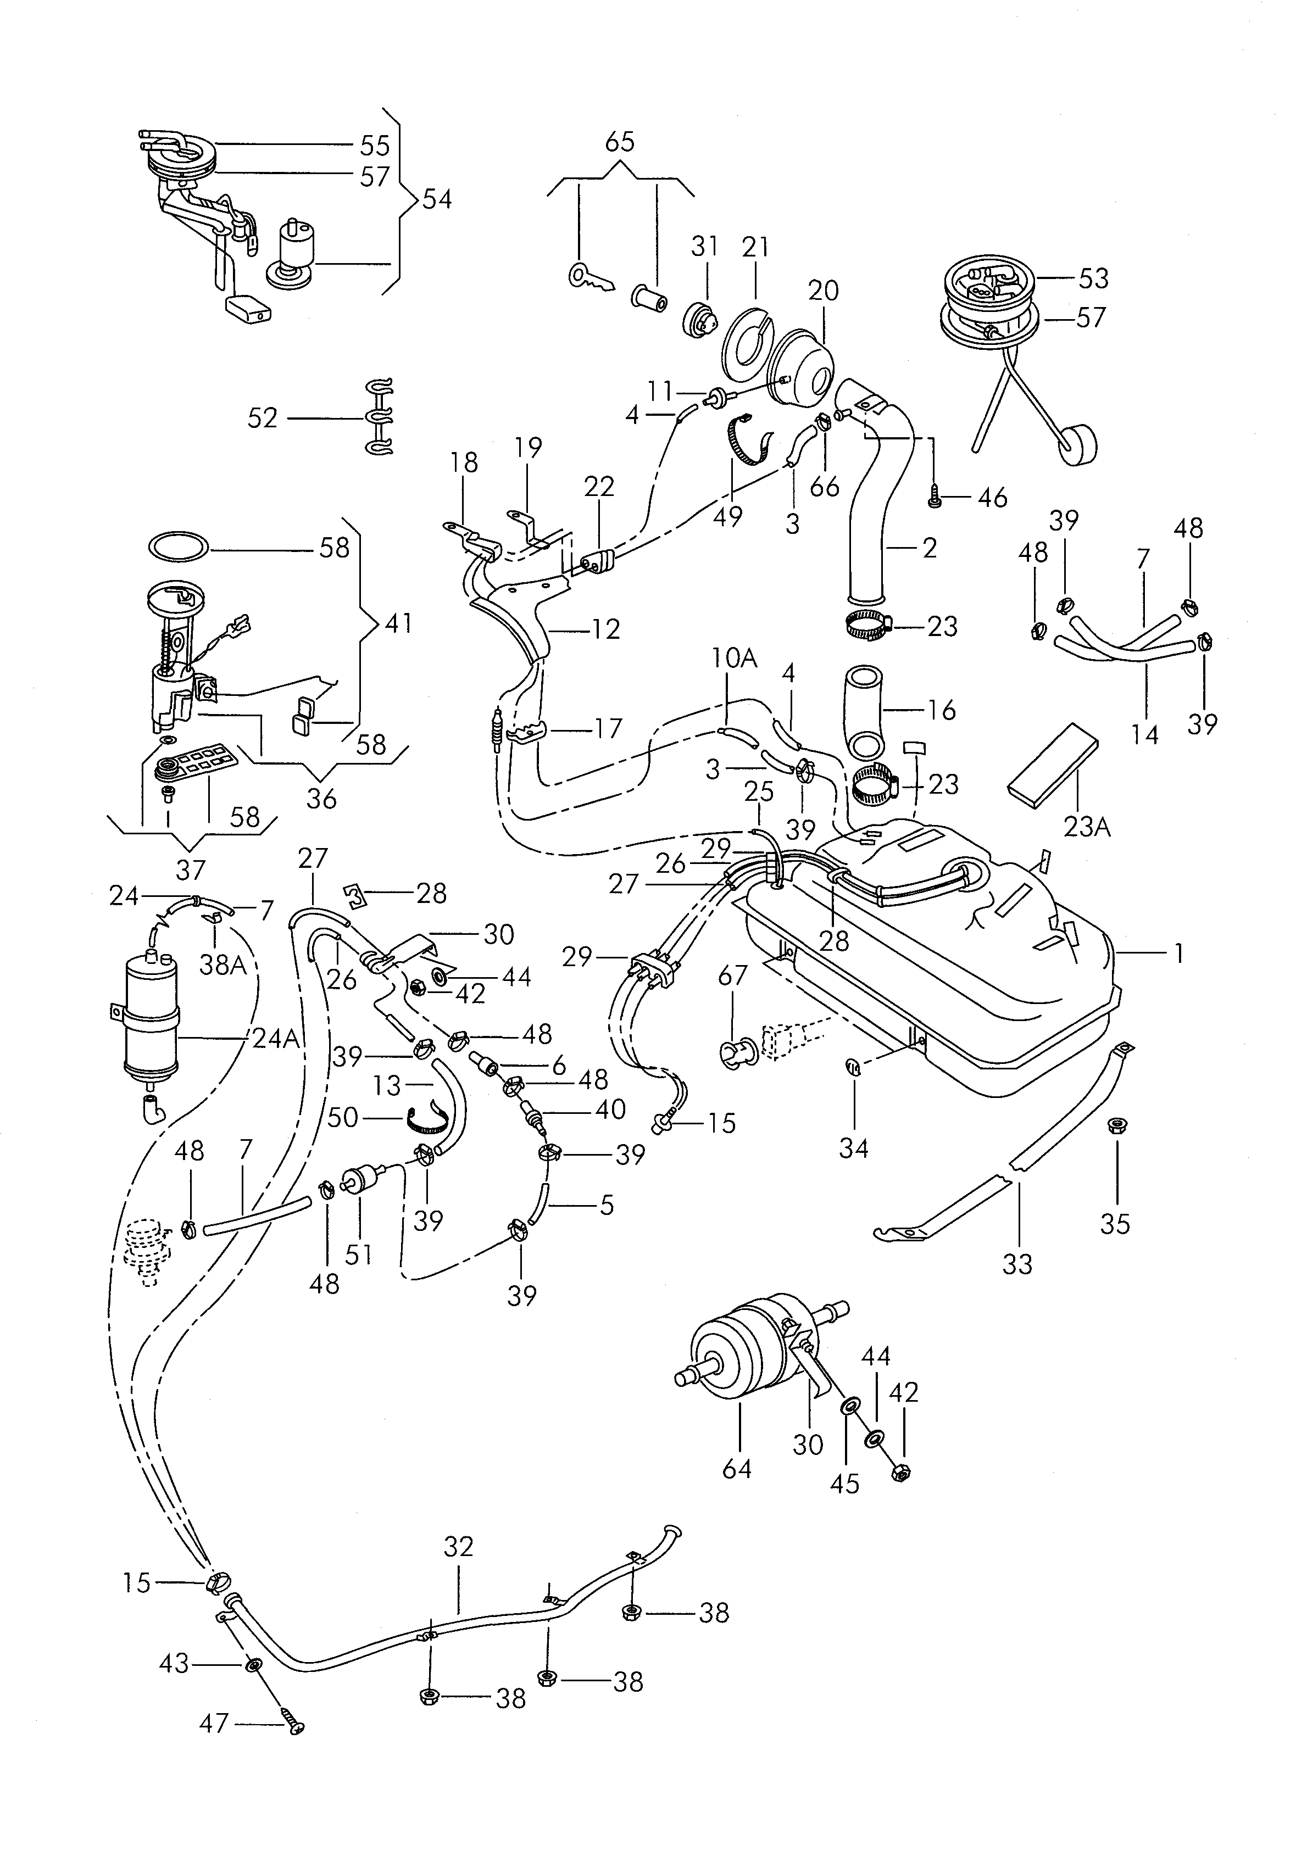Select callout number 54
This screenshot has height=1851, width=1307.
tap(437, 200)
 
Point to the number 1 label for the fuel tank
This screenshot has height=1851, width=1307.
tap(1179, 954)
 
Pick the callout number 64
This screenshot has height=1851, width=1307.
tap(737, 1468)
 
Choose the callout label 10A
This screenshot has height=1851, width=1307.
tap(735, 659)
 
